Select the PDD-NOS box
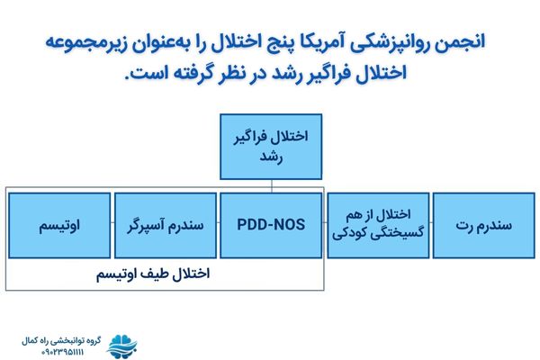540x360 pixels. [x=270, y=224]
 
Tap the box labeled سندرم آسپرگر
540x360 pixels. [x=166, y=224]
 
